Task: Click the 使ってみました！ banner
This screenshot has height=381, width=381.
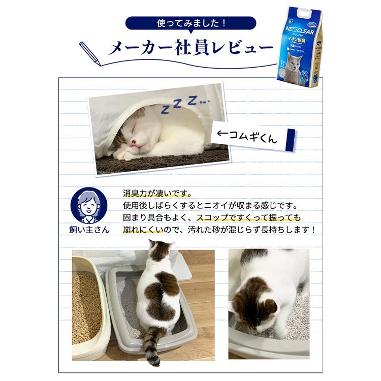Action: pyautogui.click(x=190, y=23)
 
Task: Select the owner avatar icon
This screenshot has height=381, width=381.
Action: pyautogui.click(x=89, y=205)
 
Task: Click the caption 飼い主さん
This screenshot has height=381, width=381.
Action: pyautogui.click(x=89, y=229)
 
